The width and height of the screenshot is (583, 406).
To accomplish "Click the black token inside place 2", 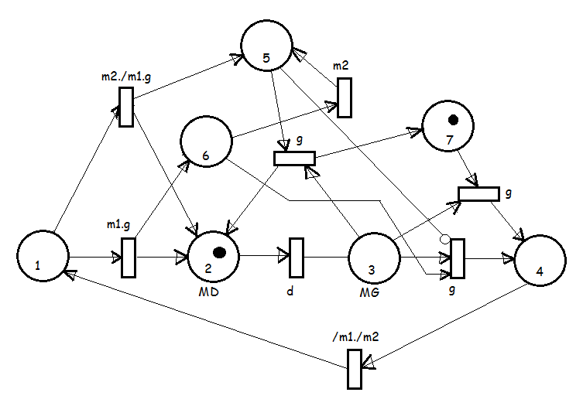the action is click(x=219, y=252).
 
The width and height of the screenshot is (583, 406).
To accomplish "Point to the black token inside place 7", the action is click(x=453, y=120).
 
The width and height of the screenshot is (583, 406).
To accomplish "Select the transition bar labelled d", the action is click(x=297, y=258).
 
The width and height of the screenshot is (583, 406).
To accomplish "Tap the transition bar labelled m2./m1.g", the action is click(x=126, y=107).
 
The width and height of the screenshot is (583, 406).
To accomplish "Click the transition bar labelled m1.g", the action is click(x=129, y=258).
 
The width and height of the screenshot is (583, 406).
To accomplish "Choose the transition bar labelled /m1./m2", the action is click(x=355, y=369).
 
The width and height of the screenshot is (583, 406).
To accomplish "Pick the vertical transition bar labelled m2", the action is click(x=345, y=97).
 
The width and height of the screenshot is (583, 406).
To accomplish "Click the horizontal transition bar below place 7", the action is click(x=478, y=194).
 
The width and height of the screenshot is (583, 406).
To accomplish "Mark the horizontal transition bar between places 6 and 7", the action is click(x=294, y=159).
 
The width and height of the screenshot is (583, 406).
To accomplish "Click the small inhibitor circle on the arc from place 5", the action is click(x=444, y=239).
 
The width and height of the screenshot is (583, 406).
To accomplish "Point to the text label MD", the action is click(x=208, y=292).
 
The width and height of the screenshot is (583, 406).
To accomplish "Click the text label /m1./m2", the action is click(x=355, y=336).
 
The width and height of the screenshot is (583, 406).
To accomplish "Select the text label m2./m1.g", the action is click(x=126, y=77).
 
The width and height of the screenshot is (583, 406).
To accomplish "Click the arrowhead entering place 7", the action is click(x=414, y=132).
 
